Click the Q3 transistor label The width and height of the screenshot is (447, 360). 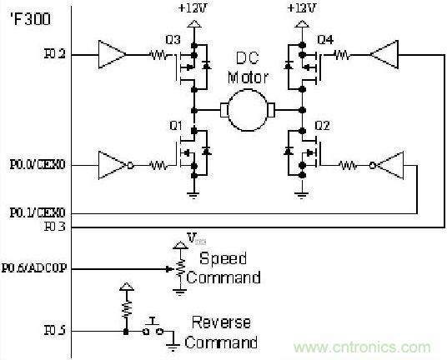[173, 39]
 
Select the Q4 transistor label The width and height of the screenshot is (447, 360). [325, 38]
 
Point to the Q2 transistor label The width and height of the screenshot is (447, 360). [321, 126]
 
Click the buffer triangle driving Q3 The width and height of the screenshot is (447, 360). [112, 55]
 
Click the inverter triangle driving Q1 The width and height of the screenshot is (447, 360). [113, 165]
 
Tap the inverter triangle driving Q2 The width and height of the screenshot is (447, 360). [387, 165]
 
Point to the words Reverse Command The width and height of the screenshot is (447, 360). [221, 332]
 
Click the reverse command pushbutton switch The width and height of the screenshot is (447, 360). [153, 327]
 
